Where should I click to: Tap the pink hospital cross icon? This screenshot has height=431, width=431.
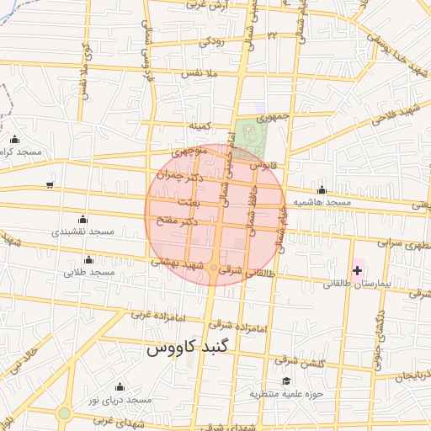[359, 270]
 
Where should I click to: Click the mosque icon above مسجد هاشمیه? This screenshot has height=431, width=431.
[322, 189]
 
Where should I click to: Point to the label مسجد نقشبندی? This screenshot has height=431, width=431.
[82, 231]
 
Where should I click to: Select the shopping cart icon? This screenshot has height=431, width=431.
[51, 184]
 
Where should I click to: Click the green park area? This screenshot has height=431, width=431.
[250, 135]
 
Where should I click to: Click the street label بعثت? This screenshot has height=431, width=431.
[189, 205]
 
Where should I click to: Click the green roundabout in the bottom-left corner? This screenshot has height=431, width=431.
[64, 413]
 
